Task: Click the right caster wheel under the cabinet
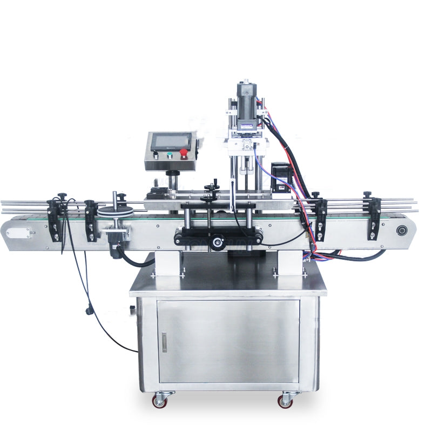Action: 286,401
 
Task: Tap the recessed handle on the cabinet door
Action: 164,342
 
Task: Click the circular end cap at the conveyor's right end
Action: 400,229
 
